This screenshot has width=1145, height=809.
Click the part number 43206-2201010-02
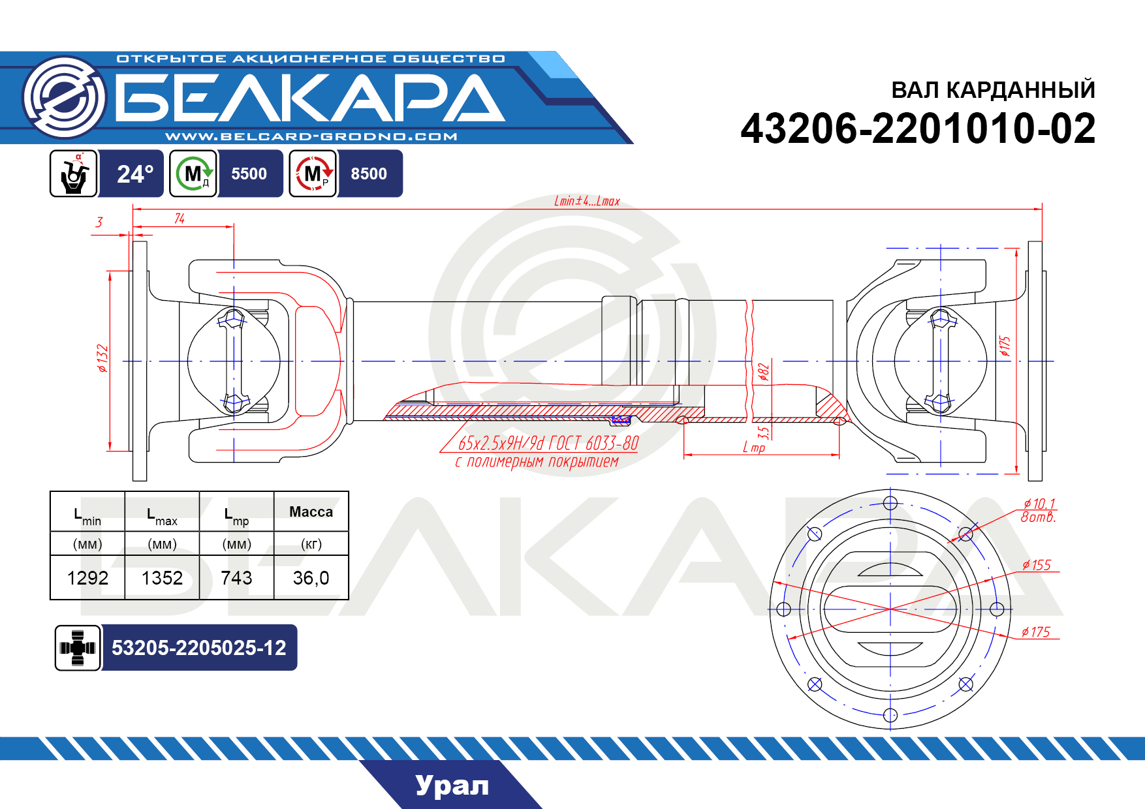(x=918, y=129)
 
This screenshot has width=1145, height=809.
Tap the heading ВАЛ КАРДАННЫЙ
(x=993, y=90)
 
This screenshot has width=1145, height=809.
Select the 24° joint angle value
(x=135, y=174)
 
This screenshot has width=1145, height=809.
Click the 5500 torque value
(x=249, y=174)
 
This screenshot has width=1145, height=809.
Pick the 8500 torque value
(x=369, y=174)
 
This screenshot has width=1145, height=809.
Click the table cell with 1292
(x=87, y=578)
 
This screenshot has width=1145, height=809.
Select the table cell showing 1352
(x=162, y=578)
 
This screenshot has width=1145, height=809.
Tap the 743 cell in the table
(x=236, y=578)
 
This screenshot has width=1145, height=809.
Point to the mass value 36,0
(x=311, y=578)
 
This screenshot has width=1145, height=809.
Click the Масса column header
(x=311, y=512)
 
